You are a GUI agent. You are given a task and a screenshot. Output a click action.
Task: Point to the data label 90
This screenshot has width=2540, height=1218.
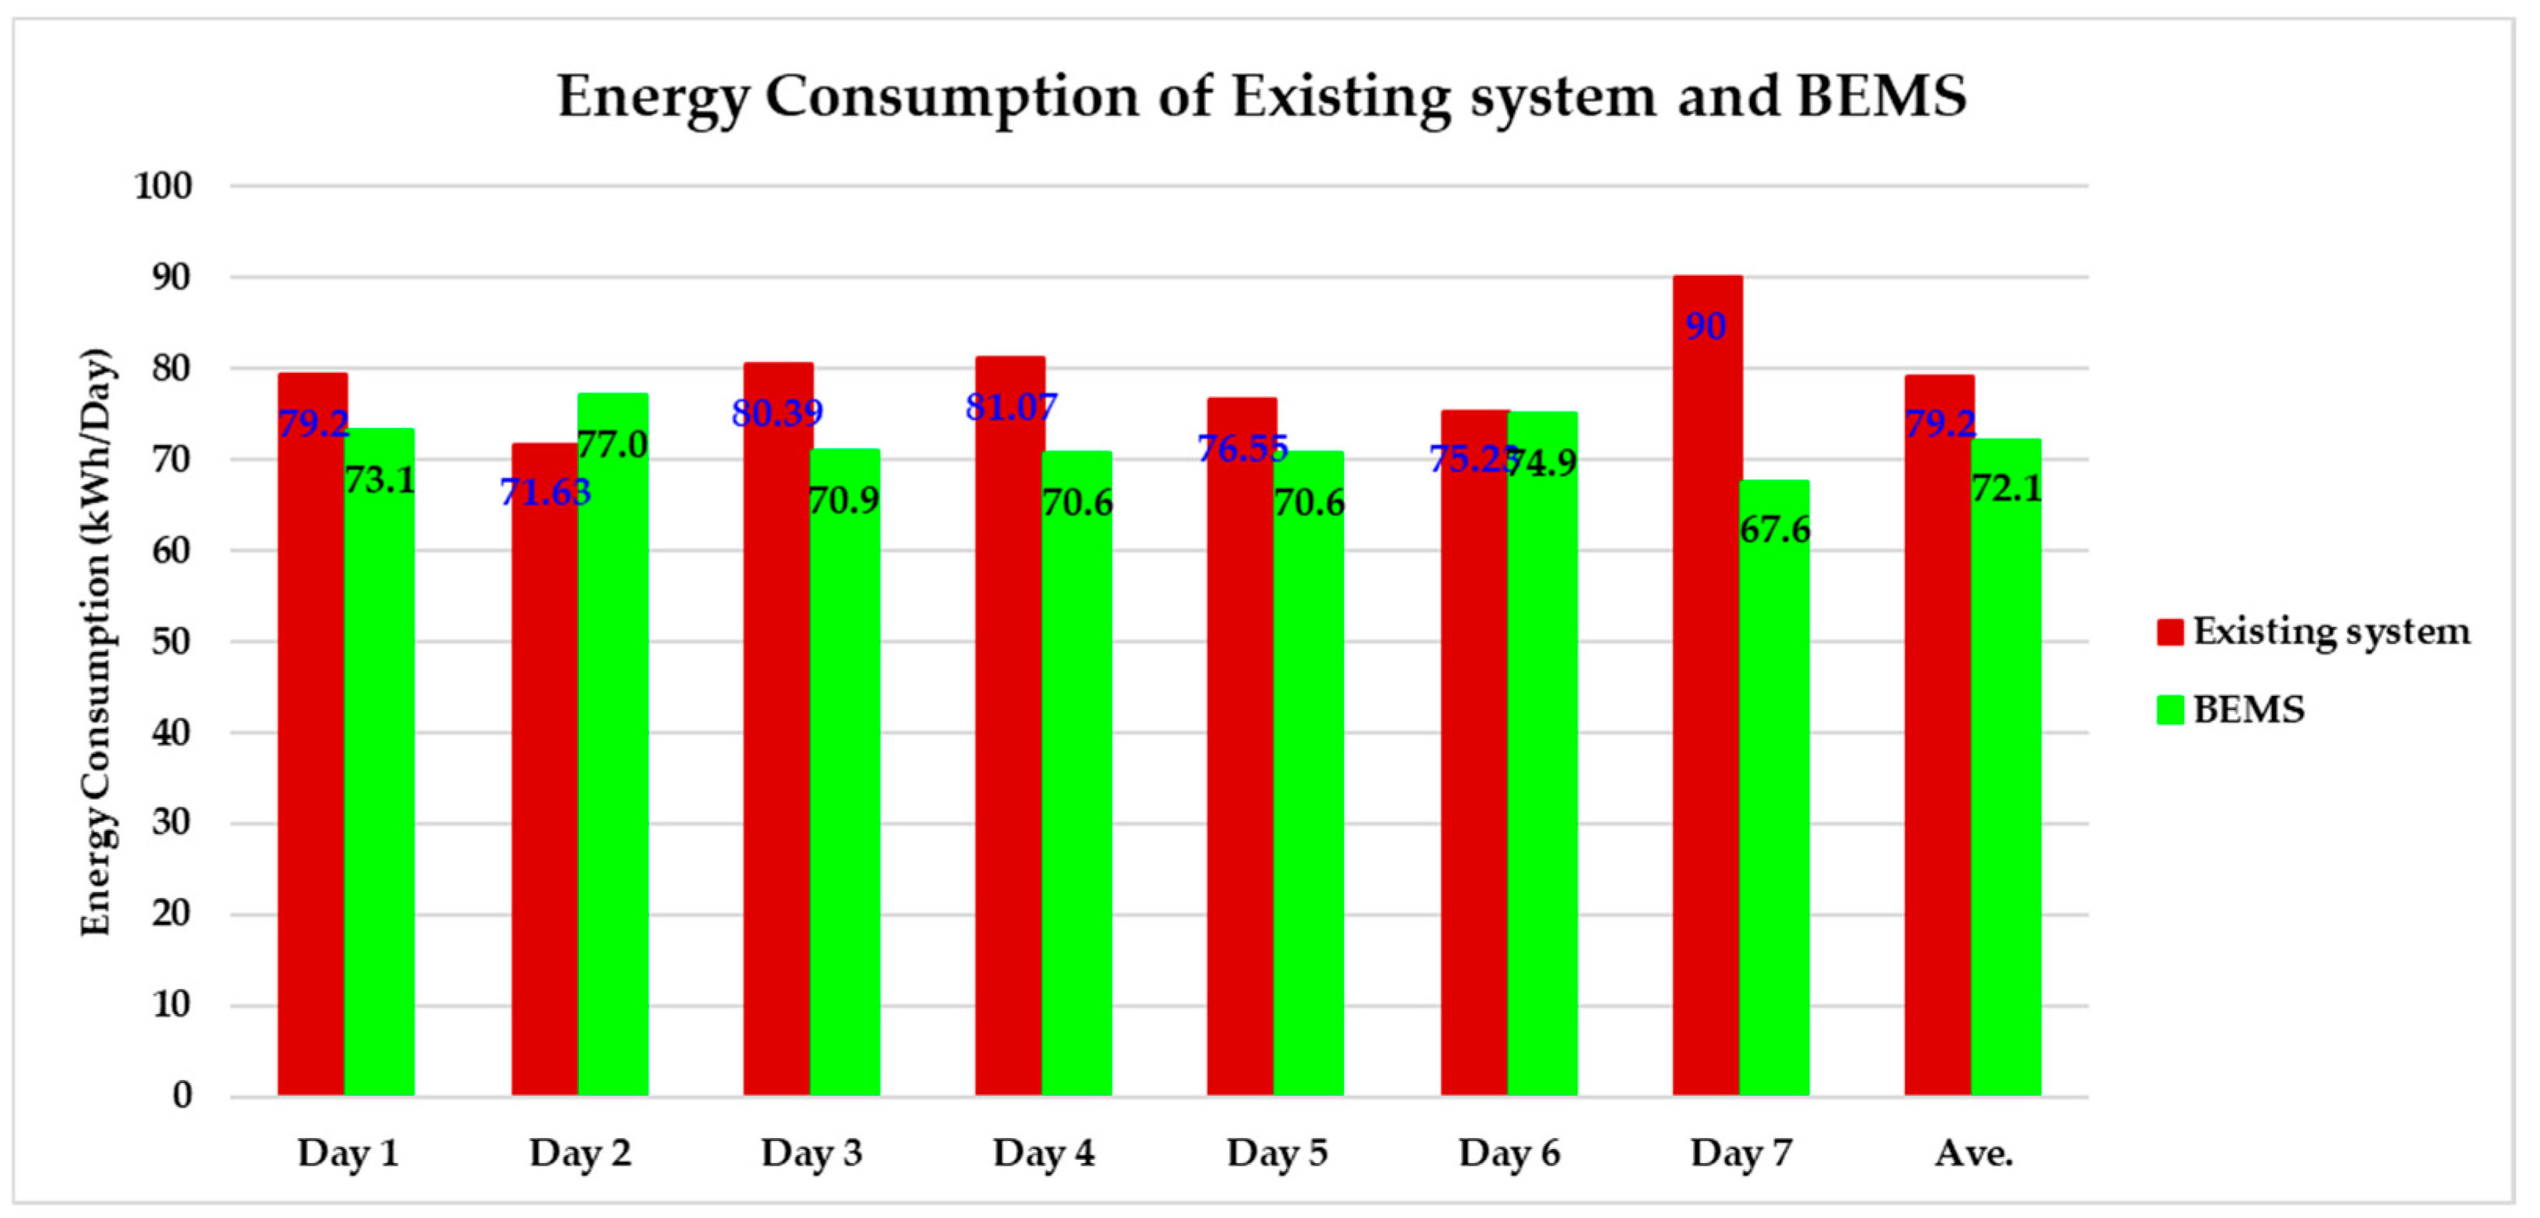(1706, 326)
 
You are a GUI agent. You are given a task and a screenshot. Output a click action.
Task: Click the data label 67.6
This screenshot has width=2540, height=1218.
(1774, 530)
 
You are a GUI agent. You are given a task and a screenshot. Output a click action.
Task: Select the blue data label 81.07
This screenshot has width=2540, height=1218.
(1011, 406)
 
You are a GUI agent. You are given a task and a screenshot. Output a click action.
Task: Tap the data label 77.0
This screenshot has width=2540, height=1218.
(612, 444)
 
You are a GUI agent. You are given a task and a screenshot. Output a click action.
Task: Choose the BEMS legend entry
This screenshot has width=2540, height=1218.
(2248, 709)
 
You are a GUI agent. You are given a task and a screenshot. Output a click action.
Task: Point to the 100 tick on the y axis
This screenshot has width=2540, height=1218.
(164, 186)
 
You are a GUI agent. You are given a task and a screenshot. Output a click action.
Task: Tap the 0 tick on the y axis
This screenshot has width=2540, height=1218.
(182, 1096)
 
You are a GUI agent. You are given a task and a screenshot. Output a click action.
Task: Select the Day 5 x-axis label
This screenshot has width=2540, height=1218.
(1277, 1153)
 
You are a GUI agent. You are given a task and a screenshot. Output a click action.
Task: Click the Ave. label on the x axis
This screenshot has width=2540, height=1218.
(1973, 1153)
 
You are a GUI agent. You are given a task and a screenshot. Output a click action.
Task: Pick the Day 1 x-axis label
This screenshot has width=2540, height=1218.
(348, 1153)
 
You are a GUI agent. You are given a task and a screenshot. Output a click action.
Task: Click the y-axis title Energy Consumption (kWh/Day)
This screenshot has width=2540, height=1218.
(96, 641)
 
